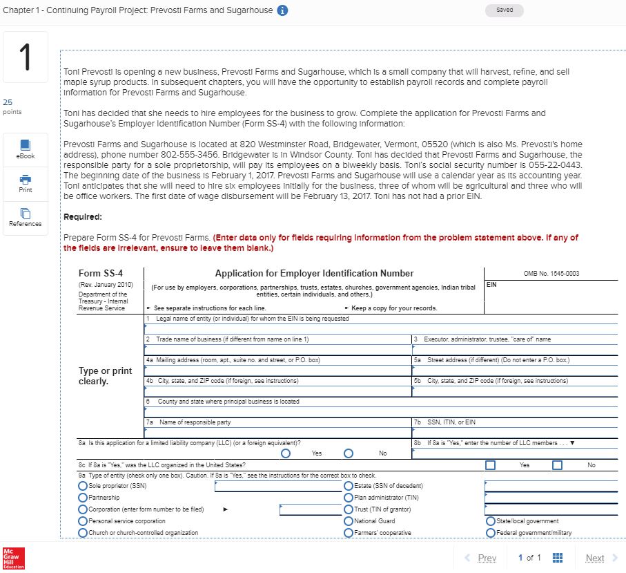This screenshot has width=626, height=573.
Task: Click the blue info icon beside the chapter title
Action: (282, 10)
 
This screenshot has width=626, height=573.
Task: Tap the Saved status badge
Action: (505, 10)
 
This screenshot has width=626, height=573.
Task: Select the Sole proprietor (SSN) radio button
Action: (83, 486)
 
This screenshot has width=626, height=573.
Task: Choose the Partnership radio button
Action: (83, 498)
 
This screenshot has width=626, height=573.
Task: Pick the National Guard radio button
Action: (349, 521)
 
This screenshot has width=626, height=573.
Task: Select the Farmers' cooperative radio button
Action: (349, 533)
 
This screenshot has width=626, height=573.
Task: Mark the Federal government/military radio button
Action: (491, 533)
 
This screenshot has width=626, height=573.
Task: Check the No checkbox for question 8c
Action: (558, 465)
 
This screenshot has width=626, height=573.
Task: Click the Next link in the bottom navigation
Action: (598, 558)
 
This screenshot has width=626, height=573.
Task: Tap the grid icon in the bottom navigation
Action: (559, 558)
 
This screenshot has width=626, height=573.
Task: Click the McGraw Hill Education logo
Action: (12, 557)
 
